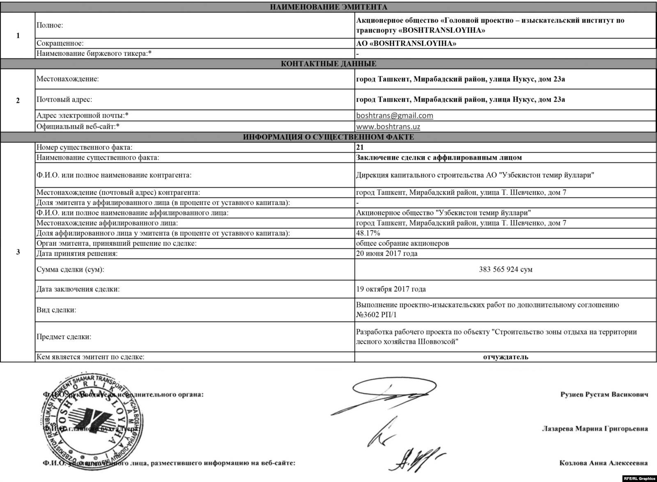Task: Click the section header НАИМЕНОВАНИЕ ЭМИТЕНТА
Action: click(x=328, y=7)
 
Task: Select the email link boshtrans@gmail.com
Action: click(x=395, y=115)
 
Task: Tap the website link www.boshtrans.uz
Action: click(x=388, y=127)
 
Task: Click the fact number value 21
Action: click(x=360, y=147)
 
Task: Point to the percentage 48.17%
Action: click(x=368, y=233)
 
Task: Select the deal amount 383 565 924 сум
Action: click(x=505, y=270)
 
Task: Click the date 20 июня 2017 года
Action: click(x=387, y=254)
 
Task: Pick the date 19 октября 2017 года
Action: click(x=391, y=289)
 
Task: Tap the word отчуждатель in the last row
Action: click(x=505, y=357)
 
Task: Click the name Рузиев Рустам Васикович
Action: click(x=604, y=394)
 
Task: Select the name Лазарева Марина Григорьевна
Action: click(x=595, y=429)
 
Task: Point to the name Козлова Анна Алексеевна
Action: click(x=603, y=463)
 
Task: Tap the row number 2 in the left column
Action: click(x=18, y=101)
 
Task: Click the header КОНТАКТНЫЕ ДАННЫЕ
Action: click(x=328, y=64)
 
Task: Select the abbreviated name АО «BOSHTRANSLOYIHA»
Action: click(x=406, y=44)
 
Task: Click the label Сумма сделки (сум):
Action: click(x=70, y=270)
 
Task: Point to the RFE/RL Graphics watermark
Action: click(x=639, y=478)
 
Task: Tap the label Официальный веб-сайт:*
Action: click(x=78, y=127)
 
